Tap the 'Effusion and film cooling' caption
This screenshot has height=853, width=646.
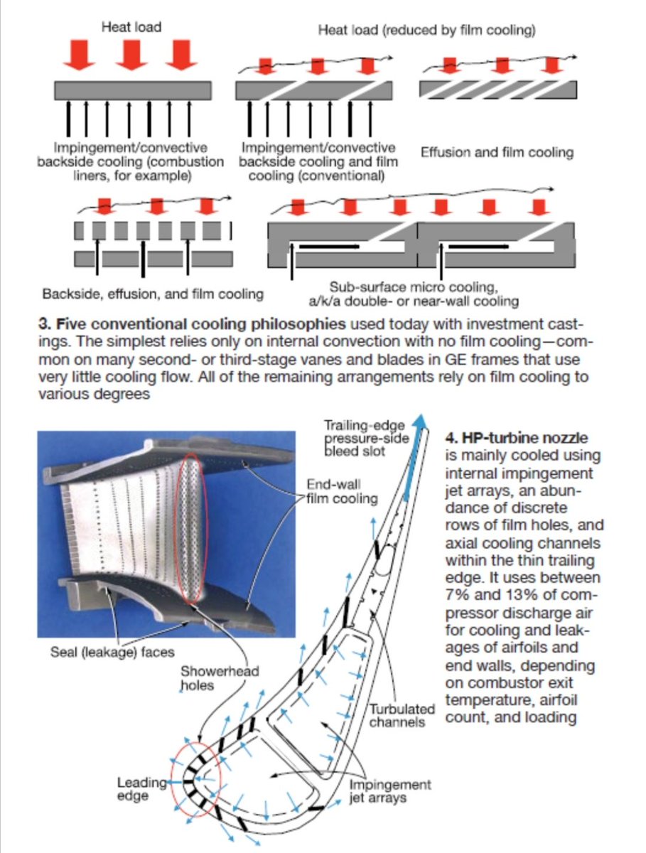pyautogui.click(x=497, y=152)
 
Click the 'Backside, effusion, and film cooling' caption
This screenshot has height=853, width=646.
pyautogui.click(x=153, y=294)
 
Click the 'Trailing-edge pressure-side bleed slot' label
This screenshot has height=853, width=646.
pyautogui.click(x=367, y=438)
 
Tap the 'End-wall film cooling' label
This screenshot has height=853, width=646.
pyautogui.click(x=341, y=491)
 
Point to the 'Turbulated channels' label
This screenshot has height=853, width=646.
pyautogui.click(x=402, y=716)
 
